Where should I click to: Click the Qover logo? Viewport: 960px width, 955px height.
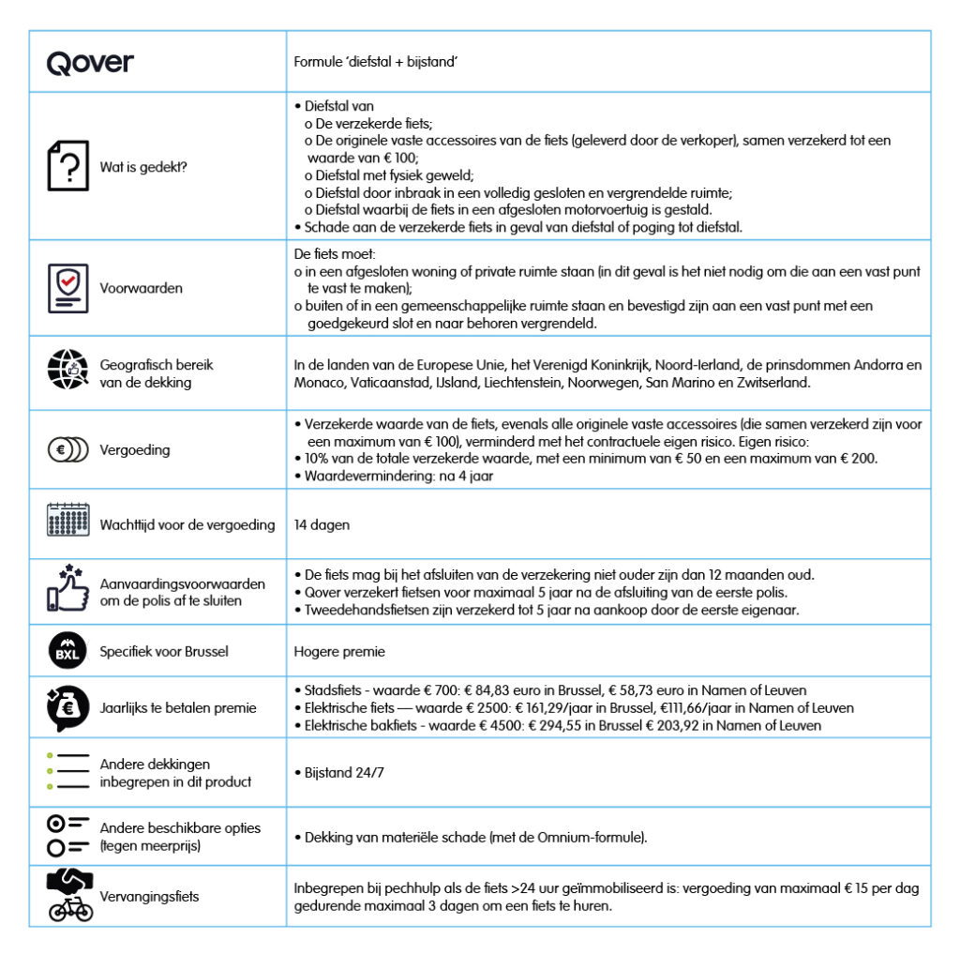[90, 63]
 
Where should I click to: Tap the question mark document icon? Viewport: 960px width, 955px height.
[67, 166]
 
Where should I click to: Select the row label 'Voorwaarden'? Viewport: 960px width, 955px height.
[141, 288]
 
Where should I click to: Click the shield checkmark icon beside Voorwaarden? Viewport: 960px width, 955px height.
[67, 287]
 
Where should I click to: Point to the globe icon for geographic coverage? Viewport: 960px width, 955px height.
[67, 372]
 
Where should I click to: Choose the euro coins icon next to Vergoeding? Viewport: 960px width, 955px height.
[67, 449]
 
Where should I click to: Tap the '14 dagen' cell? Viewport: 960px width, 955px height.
[322, 525]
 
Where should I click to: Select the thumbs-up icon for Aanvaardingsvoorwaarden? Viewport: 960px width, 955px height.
[67, 588]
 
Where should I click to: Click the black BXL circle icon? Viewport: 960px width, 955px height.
[67, 652]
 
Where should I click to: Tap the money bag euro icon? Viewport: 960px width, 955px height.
[67, 707]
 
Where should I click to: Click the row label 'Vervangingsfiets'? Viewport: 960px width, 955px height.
[149, 897]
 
